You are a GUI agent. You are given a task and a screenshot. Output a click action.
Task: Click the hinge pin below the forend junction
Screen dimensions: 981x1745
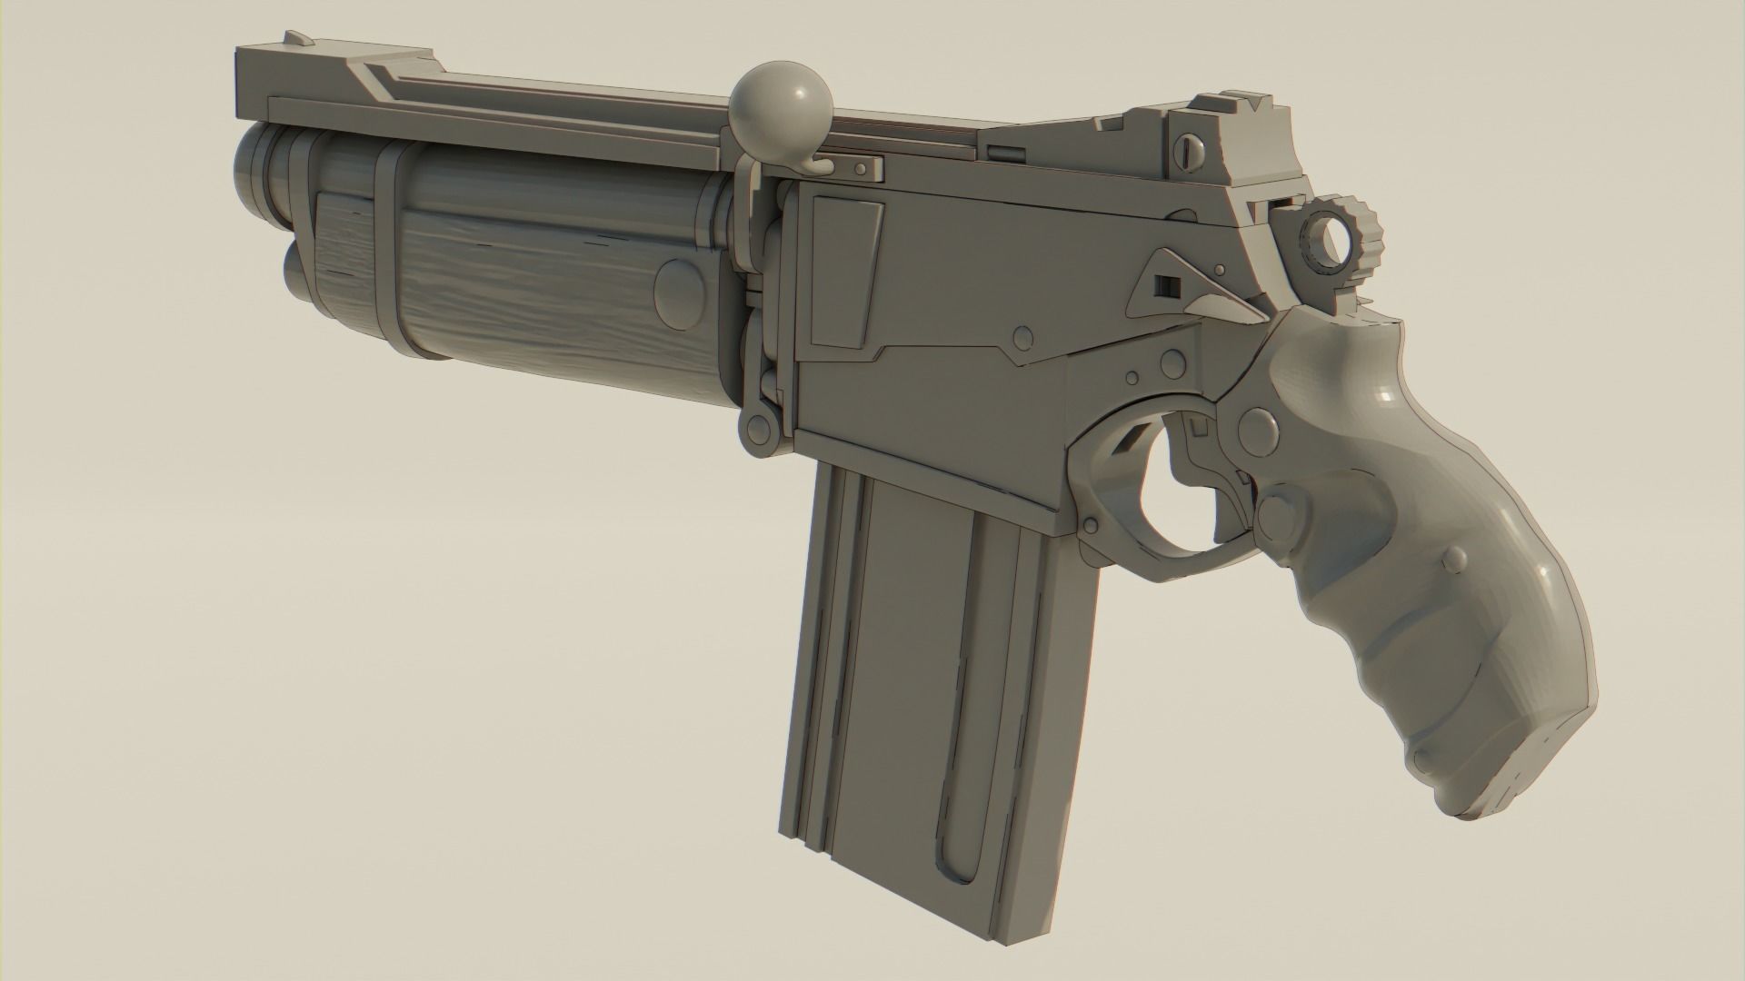(x=756, y=427)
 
